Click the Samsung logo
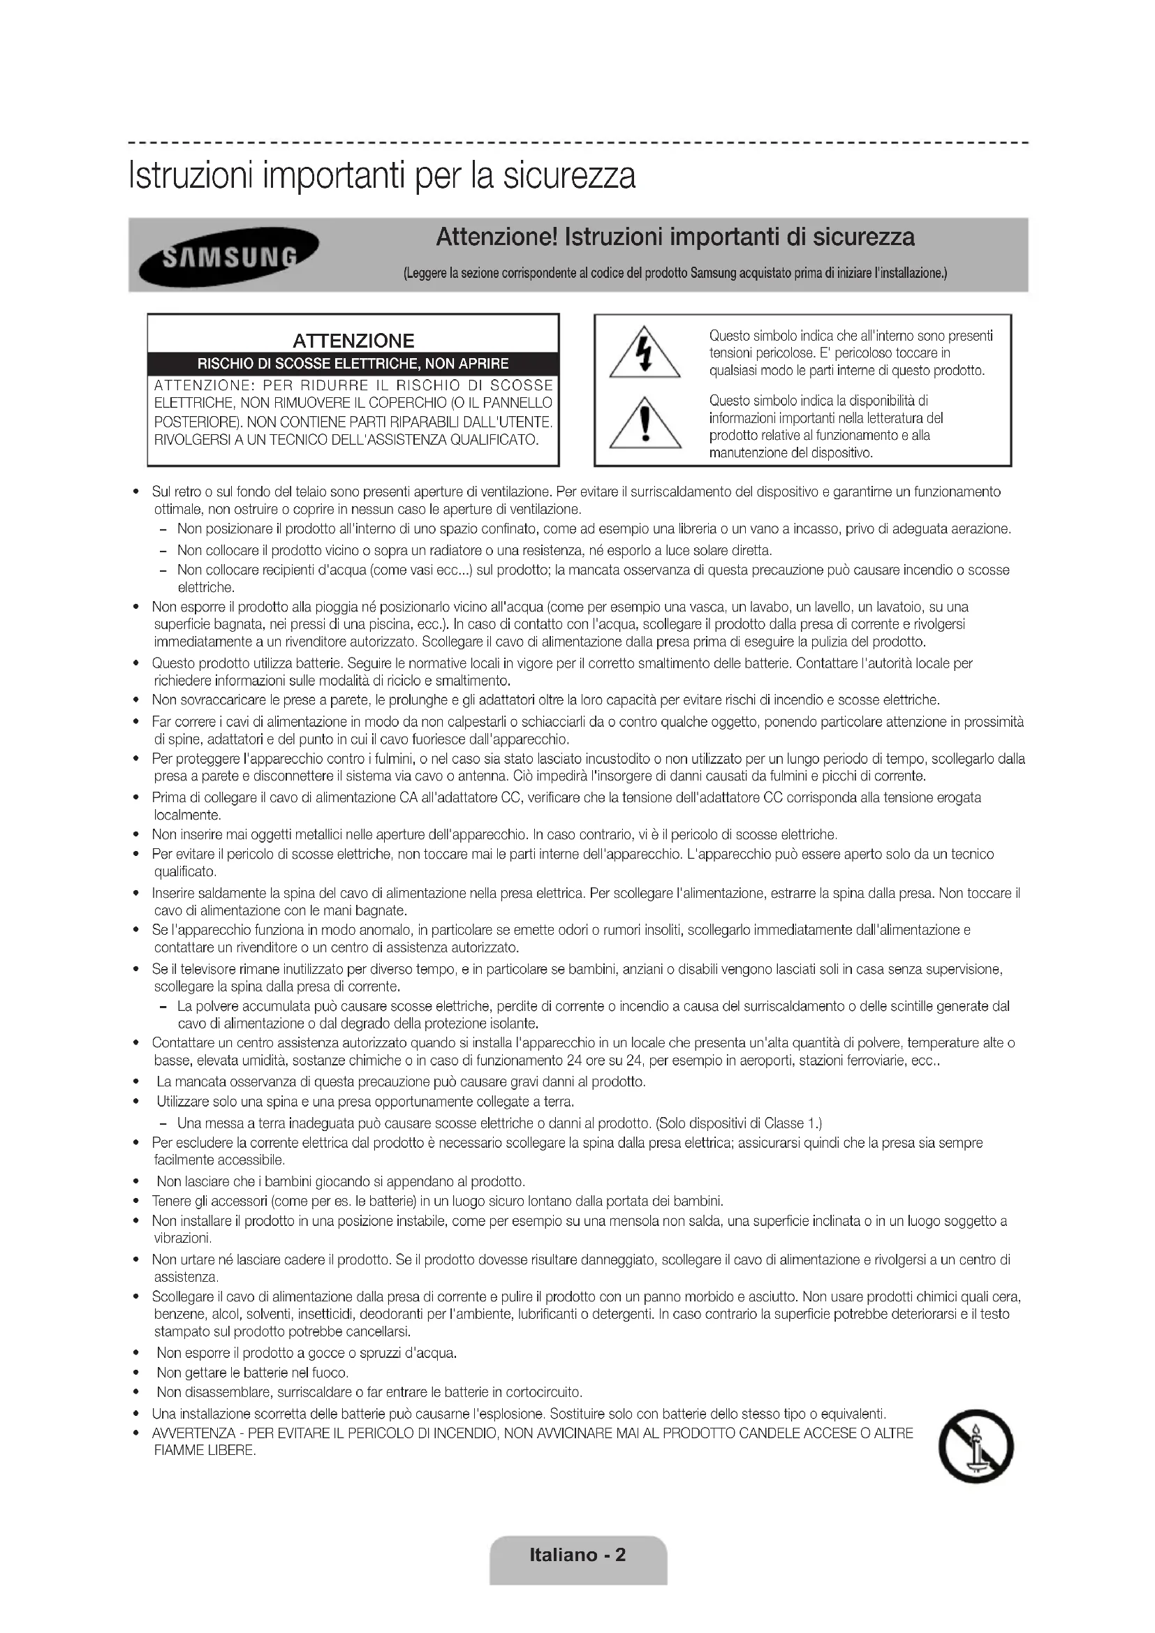228,256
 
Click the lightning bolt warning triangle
645,353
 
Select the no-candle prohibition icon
976,1446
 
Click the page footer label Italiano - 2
577,1554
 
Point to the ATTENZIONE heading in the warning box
353,341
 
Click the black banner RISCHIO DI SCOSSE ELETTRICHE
353,364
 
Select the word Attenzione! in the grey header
496,237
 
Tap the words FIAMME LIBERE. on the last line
205,1451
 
